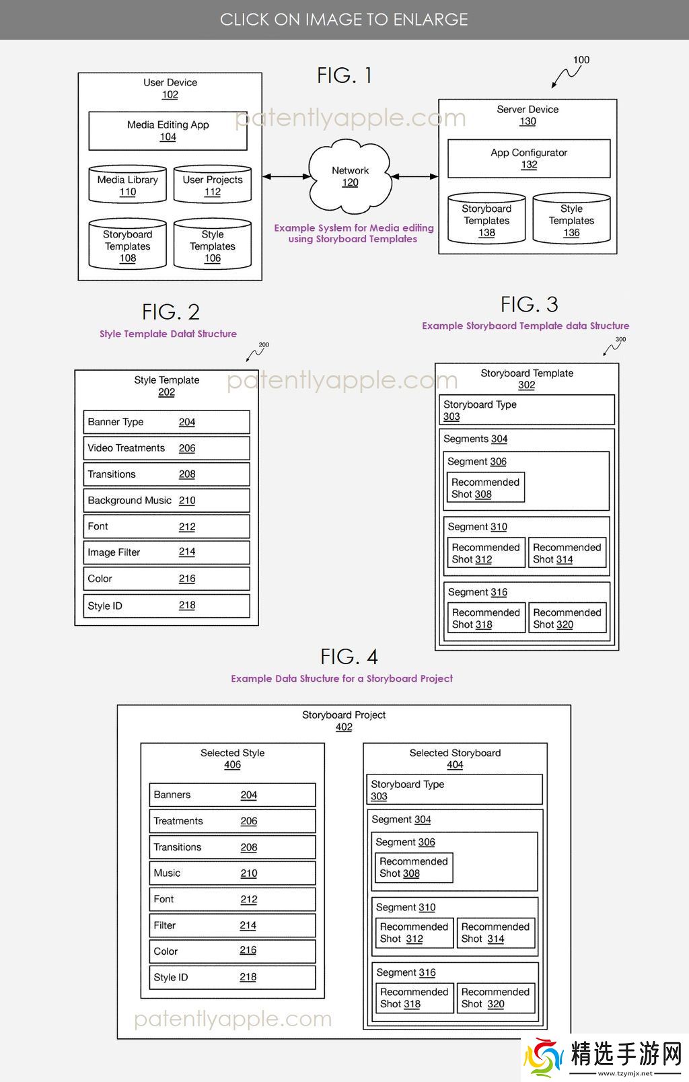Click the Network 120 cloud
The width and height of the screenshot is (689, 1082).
[x=350, y=176]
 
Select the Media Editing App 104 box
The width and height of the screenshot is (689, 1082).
[x=168, y=131]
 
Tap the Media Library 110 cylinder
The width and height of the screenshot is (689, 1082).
[x=128, y=185]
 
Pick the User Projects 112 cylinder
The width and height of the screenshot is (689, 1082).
[x=213, y=185]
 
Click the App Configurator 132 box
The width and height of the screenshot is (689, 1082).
[x=529, y=158]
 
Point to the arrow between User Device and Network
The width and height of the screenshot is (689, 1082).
[x=287, y=176]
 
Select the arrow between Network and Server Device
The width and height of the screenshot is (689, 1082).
[x=414, y=176]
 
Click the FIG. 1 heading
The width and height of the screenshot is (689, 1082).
[x=344, y=75]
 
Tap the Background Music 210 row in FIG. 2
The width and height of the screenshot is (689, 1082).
[x=166, y=501]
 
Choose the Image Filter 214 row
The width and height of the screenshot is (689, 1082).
[x=166, y=552]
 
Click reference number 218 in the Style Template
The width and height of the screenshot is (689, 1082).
[x=187, y=606]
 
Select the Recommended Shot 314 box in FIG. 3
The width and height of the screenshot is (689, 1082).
[x=567, y=553]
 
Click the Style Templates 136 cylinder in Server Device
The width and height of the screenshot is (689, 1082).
[x=571, y=220]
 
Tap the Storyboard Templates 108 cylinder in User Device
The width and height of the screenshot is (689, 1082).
[x=128, y=246]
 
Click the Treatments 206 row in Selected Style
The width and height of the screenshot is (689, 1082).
[x=232, y=821]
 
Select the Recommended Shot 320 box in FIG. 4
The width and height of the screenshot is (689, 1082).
[x=495, y=998]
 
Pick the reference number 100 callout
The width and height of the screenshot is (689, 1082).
[x=580, y=61]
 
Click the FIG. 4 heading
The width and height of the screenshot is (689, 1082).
[x=349, y=657]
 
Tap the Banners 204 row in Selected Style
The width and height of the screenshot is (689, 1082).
[x=232, y=795]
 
